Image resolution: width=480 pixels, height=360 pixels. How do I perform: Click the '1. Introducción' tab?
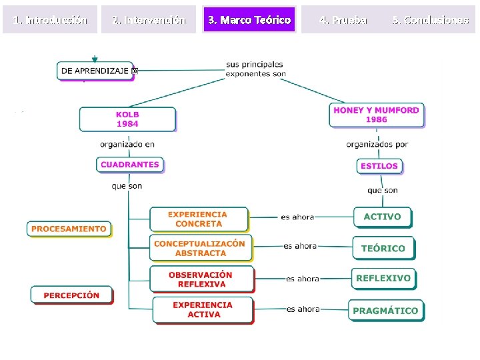pyautogui.click(x=50, y=20)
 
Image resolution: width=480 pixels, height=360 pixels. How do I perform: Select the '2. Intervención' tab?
pyautogui.click(x=149, y=20)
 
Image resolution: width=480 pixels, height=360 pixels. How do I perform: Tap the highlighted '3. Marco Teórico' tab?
pyautogui.click(x=249, y=20)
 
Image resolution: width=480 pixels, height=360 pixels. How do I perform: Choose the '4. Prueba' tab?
pyautogui.click(x=343, y=20)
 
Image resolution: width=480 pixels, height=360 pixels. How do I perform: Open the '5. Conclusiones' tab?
pyautogui.click(x=430, y=20)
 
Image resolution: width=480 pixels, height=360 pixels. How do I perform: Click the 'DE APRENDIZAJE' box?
pyautogui.click(x=95, y=71)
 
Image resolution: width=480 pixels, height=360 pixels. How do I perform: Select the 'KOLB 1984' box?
pyautogui.click(x=127, y=119)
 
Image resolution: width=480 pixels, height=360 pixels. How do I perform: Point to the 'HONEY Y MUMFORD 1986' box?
pyautogui.click(x=376, y=115)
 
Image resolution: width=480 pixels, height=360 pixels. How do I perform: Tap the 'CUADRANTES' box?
pyautogui.click(x=130, y=165)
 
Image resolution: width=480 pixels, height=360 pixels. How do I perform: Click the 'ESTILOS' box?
pyautogui.click(x=379, y=166)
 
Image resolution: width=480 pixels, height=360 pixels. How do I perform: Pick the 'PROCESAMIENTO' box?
pyautogui.click(x=69, y=229)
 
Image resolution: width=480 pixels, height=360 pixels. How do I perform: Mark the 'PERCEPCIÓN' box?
pyautogui.click(x=71, y=295)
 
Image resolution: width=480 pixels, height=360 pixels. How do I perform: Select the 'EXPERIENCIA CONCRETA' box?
pyautogui.click(x=198, y=219)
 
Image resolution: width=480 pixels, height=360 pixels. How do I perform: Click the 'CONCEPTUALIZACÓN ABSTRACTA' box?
pyautogui.click(x=200, y=248)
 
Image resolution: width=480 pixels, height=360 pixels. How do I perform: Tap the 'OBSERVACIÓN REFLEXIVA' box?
pyautogui.click(x=201, y=279)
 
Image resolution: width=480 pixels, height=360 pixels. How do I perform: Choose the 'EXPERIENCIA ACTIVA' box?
pyautogui.click(x=203, y=310)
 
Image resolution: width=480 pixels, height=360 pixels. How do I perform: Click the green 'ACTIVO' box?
pyautogui.click(x=382, y=217)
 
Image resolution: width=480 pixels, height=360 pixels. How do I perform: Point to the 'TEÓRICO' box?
pyautogui.click(x=383, y=248)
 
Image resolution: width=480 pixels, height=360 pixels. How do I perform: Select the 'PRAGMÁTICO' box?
pyautogui.click(x=385, y=311)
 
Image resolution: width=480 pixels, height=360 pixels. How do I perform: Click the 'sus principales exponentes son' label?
pyautogui.click(x=255, y=69)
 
